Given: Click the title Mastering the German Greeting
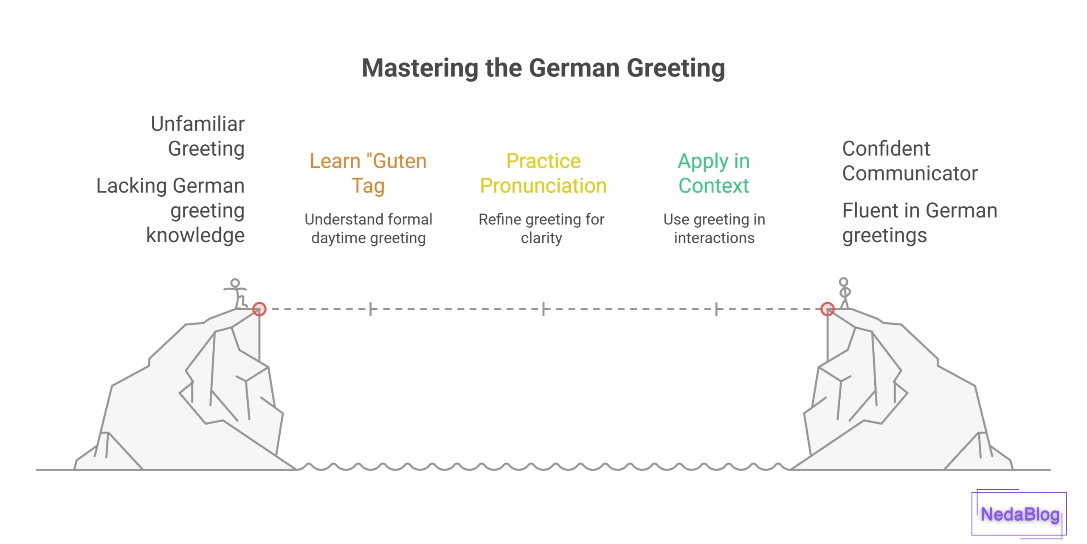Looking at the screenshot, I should coord(543,68).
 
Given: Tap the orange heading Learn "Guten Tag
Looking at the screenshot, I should coord(368,173).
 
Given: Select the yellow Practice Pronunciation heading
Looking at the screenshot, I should coord(543,173).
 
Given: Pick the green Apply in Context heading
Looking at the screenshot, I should coord(714,173).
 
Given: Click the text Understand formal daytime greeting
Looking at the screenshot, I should coord(368,229).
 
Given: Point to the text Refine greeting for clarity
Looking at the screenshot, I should coord(541,229).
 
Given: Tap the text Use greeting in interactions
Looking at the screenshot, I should coord(714,229).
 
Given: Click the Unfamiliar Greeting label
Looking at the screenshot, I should coord(198,136).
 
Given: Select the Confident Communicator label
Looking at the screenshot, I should coord(910,161).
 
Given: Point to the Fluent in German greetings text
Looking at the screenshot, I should coord(919,223).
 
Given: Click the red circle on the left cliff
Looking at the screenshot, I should coord(259,309).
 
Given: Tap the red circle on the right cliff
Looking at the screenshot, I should coord(828,309).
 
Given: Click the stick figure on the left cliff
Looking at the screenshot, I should coord(236,293).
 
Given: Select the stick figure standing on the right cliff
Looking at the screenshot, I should coord(844,292).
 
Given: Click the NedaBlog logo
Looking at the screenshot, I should coord(1019,514).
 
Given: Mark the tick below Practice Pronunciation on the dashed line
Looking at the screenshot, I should coord(543,309).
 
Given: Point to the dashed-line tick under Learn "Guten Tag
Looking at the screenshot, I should coord(371,309).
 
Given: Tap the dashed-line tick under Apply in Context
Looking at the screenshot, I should coord(716,309).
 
